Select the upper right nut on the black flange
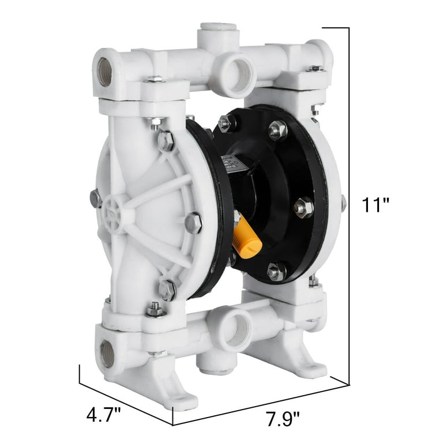click(277, 130)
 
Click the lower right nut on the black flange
click(277, 271)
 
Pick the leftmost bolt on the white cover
click(96, 199)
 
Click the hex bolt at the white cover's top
click(165, 140)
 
